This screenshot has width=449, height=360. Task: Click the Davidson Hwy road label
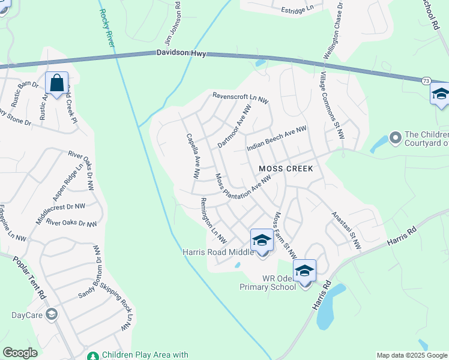181,53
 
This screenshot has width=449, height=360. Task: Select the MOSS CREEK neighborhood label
286,169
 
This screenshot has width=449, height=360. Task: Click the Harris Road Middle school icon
262,241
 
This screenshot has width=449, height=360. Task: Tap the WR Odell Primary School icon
304,271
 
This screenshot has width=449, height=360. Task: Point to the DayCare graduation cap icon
52,314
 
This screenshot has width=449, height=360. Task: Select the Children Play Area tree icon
92,355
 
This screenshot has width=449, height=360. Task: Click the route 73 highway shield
426,80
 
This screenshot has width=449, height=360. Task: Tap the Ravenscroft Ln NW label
240,96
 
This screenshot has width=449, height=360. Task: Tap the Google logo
20,353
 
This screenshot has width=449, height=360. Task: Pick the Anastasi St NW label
346,230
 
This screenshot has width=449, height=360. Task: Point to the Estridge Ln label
297,10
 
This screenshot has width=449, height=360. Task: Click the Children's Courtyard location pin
395,139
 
